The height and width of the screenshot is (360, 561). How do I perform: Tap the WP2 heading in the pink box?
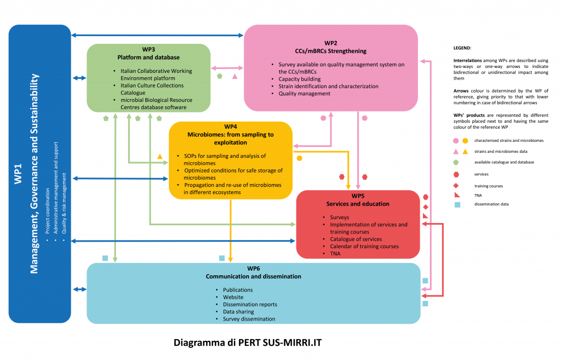pyautogui.click(x=330, y=43)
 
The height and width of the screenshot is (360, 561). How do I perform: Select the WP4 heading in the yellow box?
pyautogui.click(x=231, y=127)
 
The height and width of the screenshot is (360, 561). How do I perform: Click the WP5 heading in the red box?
pyautogui.click(x=358, y=196)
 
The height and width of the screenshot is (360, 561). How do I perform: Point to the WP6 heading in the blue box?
pyautogui.click(x=253, y=268)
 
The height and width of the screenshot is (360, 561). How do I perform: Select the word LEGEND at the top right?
pyautogui.click(x=462, y=48)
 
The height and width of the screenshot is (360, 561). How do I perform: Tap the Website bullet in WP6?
pyautogui.click(x=233, y=297)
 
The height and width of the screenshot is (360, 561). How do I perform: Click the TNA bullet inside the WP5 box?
pyautogui.click(x=335, y=254)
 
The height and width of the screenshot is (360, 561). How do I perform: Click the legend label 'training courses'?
pyautogui.click(x=489, y=186)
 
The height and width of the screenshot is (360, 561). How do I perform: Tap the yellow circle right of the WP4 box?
pyautogui.click(x=299, y=158)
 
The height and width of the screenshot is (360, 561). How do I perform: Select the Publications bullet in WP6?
pyautogui.click(x=238, y=290)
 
